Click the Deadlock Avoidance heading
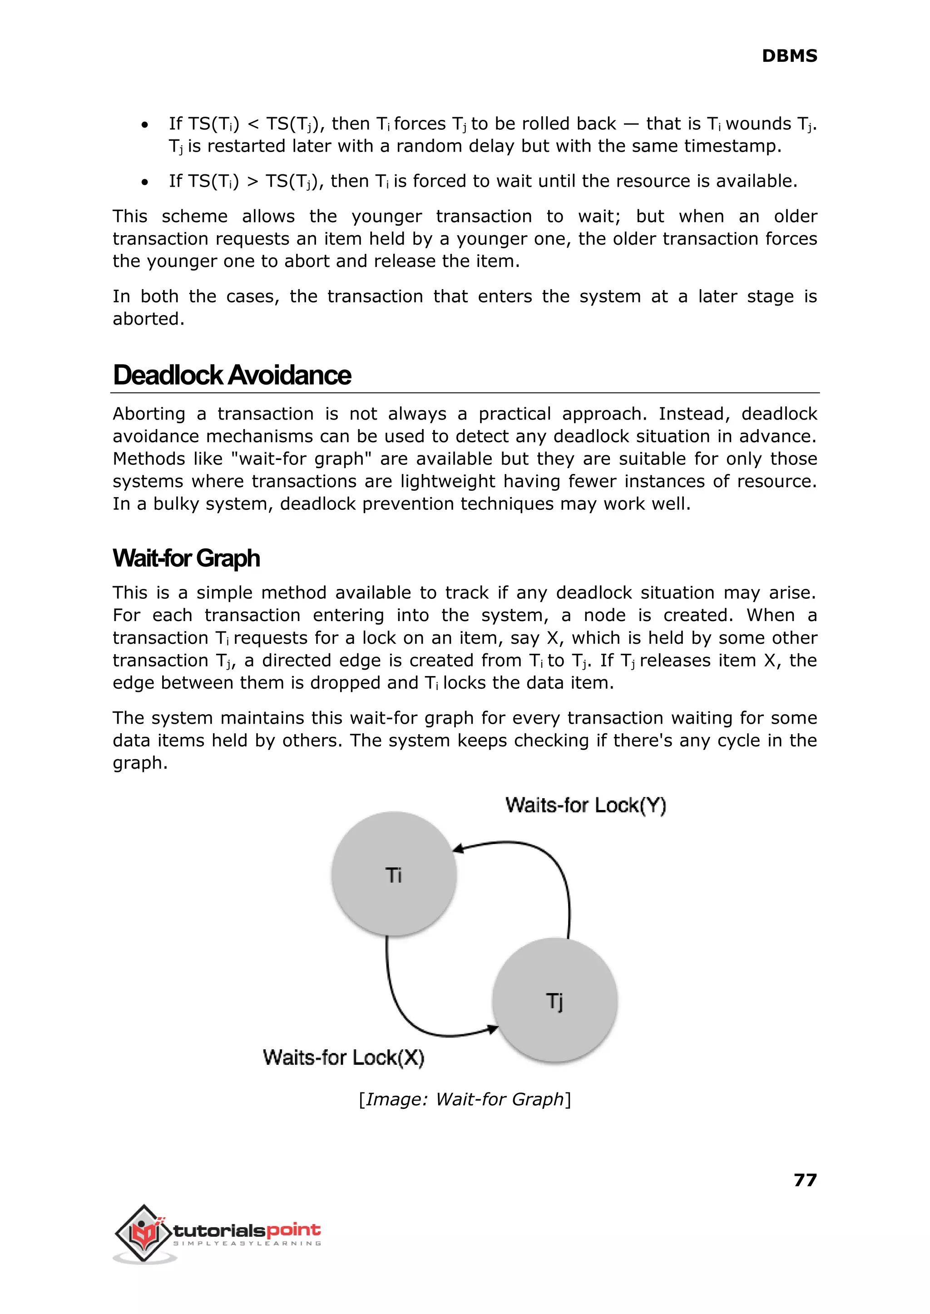point(232,375)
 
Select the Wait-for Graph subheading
point(186,558)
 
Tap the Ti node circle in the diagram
point(393,874)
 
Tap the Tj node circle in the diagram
point(554,1001)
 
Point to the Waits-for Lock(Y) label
point(585,805)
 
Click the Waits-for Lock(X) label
point(344,1057)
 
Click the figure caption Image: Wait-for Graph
point(465,1099)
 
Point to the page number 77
point(805,1180)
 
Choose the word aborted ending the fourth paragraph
point(148,319)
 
